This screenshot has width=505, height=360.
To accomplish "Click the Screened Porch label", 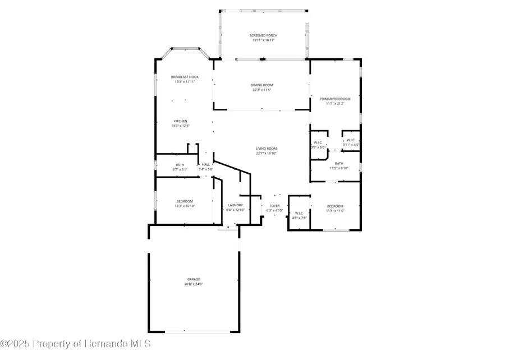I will [263, 35].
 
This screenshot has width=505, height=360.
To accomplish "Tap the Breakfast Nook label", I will [185, 77].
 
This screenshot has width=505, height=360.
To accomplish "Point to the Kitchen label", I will [180, 121].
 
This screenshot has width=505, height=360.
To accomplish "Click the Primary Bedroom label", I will [335, 99].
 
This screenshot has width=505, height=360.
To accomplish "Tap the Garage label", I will [194, 279].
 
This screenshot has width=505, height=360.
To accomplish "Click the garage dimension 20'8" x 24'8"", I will [194, 284].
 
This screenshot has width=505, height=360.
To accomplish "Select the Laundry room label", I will [235, 205].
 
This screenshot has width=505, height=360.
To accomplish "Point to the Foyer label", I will [274, 206].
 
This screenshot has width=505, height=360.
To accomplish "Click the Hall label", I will [206, 164].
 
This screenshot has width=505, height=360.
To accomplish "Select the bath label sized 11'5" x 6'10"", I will [335, 163].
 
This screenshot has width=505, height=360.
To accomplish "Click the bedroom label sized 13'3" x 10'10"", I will [185, 201].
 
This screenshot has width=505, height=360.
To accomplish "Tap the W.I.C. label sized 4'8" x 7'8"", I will [299, 213].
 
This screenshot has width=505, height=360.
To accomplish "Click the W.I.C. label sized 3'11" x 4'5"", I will [351, 140].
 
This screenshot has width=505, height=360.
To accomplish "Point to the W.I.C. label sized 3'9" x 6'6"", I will [318, 142].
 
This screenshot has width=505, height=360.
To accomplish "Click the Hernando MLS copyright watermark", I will [75, 343].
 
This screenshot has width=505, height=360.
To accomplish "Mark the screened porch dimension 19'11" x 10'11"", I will [263, 40].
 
